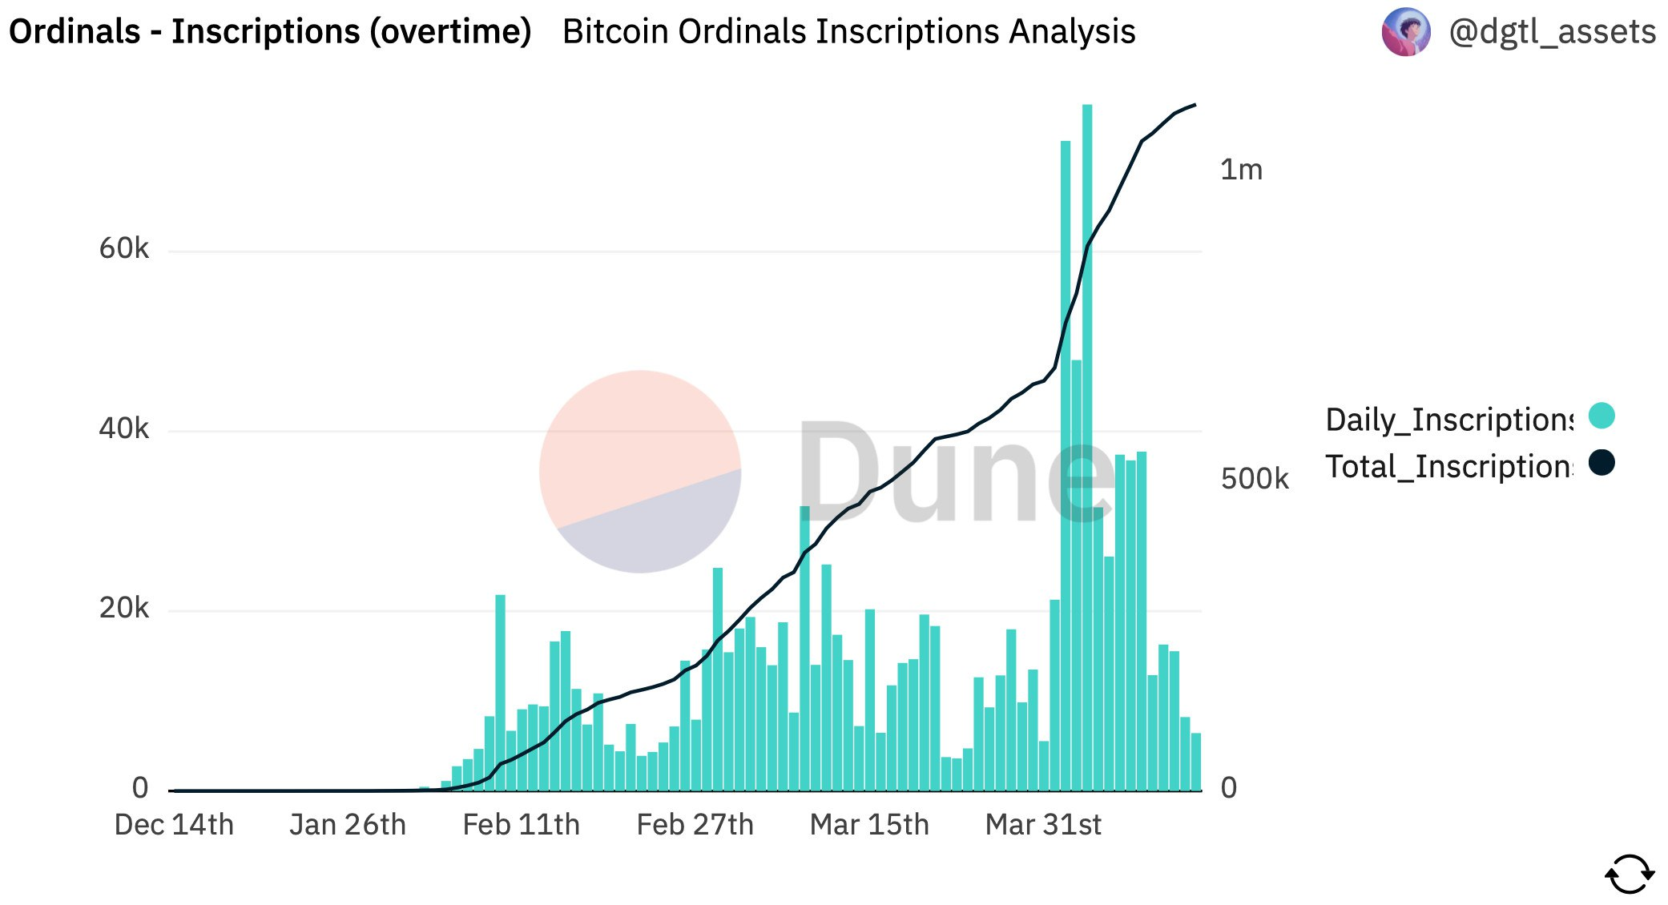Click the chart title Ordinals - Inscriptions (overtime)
point(270,32)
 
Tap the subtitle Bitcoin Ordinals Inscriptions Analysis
point(849,32)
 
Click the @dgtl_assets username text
point(1552,32)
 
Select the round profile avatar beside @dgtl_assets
point(1406,32)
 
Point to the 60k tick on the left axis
point(123,248)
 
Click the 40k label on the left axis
point(123,428)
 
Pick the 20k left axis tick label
point(123,608)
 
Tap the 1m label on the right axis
point(1241,170)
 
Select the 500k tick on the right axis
point(1255,479)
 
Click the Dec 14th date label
point(174,825)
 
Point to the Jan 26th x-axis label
point(348,825)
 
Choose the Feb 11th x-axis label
point(521,825)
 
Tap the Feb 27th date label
point(695,825)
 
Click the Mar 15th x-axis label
point(869,825)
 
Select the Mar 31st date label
point(1043,825)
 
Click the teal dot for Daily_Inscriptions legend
point(1602,416)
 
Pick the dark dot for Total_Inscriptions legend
point(1602,462)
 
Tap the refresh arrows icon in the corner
point(1630,874)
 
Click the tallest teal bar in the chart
point(1087,448)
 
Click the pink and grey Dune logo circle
point(640,472)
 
